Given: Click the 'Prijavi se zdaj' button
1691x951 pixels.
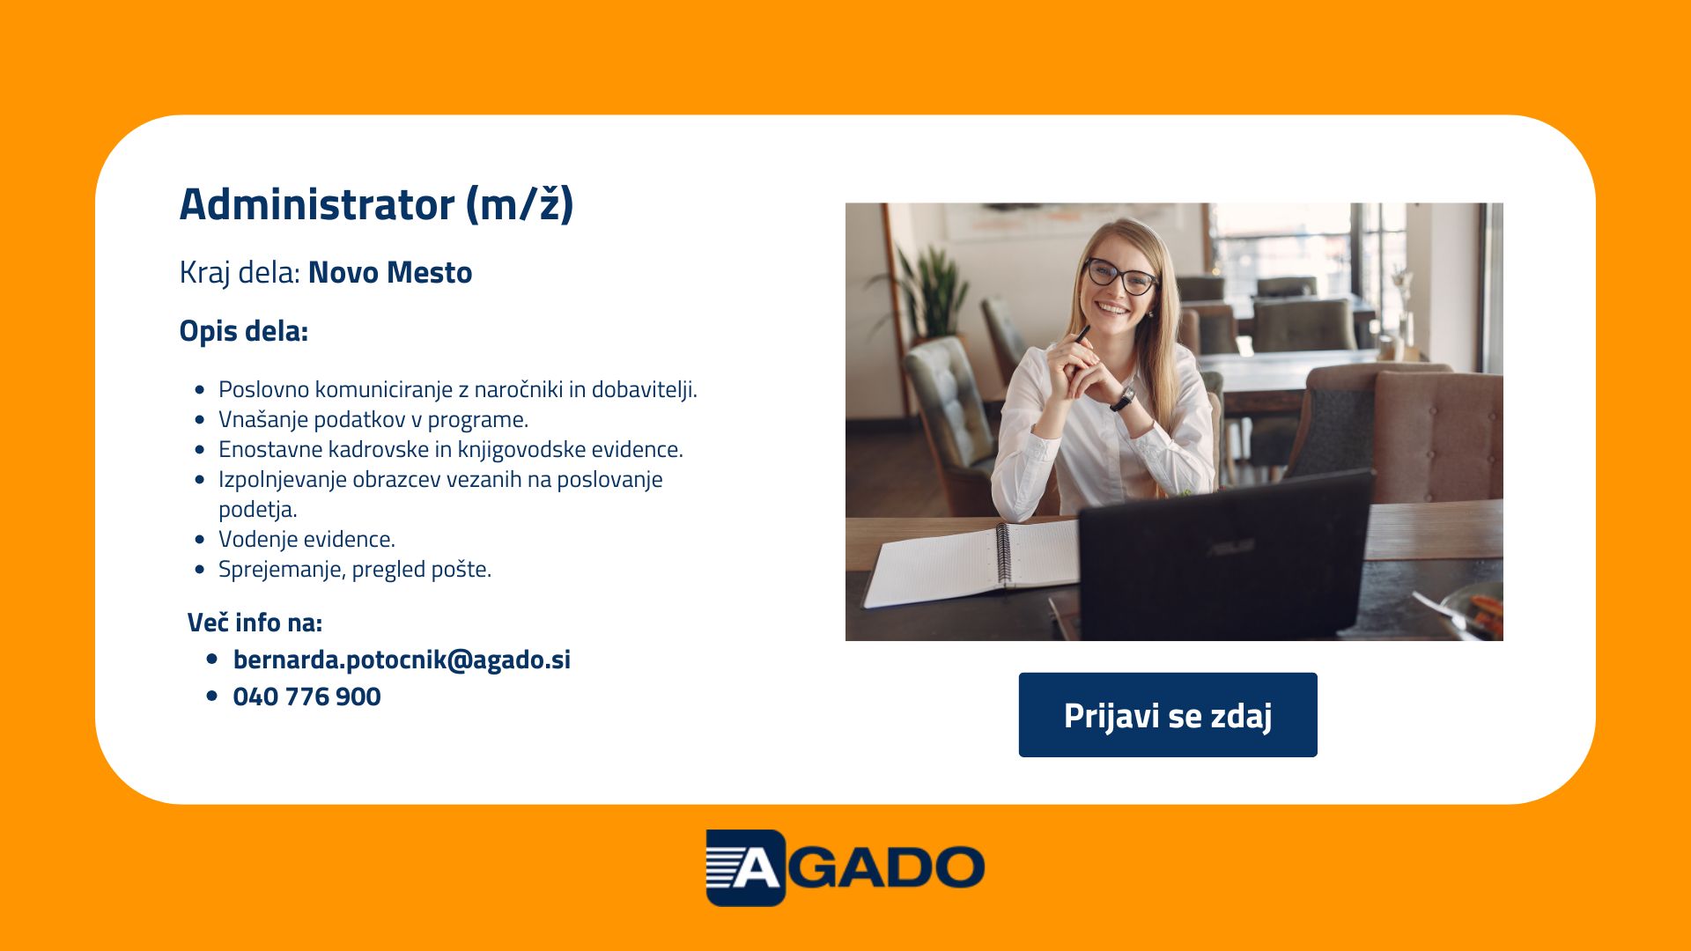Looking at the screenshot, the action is click(1168, 715).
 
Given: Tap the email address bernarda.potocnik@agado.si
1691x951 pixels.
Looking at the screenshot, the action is click(402, 660).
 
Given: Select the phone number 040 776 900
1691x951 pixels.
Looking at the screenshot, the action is click(306, 697).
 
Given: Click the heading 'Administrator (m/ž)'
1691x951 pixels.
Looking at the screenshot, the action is click(377, 204).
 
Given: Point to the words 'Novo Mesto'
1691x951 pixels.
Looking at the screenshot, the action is click(390, 273).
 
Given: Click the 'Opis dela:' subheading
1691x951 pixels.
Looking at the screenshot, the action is click(244, 331).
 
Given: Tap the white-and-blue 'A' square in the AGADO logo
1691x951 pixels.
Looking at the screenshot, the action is click(745, 867).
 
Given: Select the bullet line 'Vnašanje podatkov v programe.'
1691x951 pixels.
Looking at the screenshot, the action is click(373, 420).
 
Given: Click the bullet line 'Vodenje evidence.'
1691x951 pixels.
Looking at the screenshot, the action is click(306, 539).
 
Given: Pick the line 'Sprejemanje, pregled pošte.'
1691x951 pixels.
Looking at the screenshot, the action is click(355, 570).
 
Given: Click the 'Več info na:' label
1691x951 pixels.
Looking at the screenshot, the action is click(255, 623).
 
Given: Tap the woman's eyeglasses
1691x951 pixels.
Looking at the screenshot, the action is click(1120, 276).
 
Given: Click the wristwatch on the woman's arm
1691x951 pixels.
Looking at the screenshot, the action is click(1123, 399).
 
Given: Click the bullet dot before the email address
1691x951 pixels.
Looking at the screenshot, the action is click(211, 659).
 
